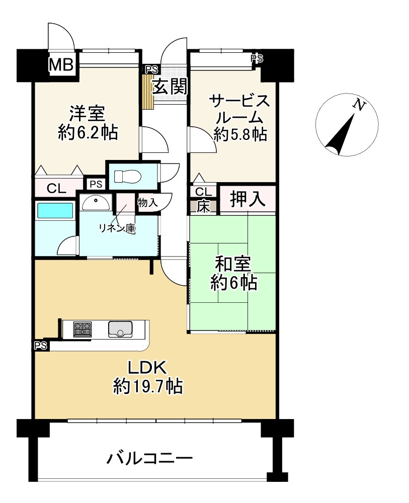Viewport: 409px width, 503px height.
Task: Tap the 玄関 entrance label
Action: pyautogui.click(x=170, y=87)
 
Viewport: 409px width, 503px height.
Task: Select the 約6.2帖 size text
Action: pyautogui.click(x=88, y=132)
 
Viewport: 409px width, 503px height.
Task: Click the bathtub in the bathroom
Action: pyautogui.click(x=55, y=211)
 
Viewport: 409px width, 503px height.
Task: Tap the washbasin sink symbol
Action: pyautogui.click(x=96, y=202)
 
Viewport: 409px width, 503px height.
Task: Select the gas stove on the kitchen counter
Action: pyautogui.click(x=83, y=329)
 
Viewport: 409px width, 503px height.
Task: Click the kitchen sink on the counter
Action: pyautogui.click(x=120, y=329)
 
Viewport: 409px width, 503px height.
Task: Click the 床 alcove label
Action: pyautogui.click(x=203, y=207)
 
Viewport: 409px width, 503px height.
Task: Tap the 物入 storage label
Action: pyautogui.click(x=147, y=203)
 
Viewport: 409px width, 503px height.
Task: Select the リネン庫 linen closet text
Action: pyautogui.click(x=117, y=229)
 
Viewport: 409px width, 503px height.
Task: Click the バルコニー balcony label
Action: pyautogui.click(x=149, y=459)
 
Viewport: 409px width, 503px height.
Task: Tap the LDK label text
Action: pyautogui.click(x=147, y=368)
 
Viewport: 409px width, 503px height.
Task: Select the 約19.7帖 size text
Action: pyautogui.click(x=148, y=386)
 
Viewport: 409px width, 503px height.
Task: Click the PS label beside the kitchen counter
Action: pyautogui.click(x=41, y=346)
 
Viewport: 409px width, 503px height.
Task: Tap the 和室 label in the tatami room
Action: pyautogui.click(x=233, y=264)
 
